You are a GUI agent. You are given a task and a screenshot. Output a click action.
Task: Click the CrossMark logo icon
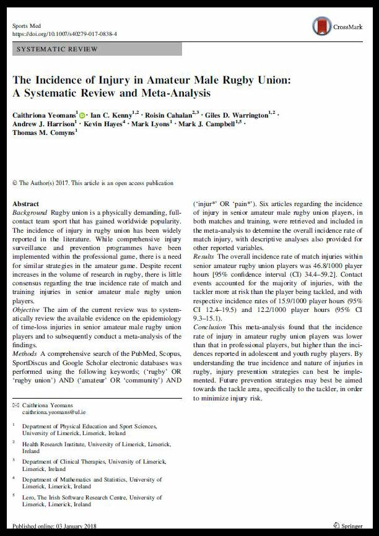tap(322, 26)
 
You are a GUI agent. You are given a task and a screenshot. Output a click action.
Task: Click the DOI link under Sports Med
tap(64, 35)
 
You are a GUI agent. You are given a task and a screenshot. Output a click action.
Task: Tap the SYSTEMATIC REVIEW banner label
tap(57, 49)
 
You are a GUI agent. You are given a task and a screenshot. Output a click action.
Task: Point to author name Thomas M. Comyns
tap(43, 132)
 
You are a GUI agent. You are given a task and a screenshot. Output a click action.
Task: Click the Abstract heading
tap(25, 204)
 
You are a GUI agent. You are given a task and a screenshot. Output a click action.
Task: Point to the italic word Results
tap(204, 256)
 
